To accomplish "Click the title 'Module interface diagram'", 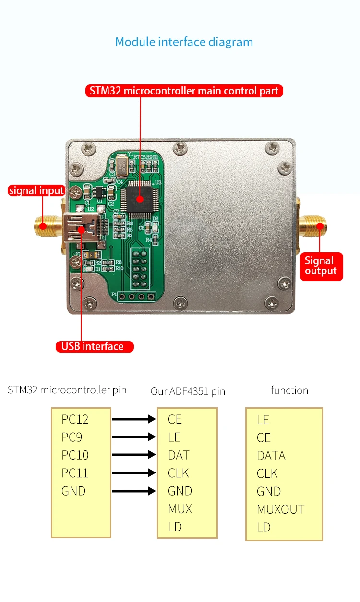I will pyautogui.click(x=184, y=42).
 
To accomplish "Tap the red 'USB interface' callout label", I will pyautogui.click(x=93, y=346).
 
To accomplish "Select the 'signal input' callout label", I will pyautogui.click(x=36, y=190).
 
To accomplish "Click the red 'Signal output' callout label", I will pyautogui.click(x=321, y=266).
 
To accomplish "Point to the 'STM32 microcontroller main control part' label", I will pyautogui.click(x=184, y=91).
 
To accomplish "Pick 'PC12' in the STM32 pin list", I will pyautogui.click(x=75, y=419).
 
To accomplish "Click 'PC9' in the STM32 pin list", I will pyautogui.click(x=72, y=437).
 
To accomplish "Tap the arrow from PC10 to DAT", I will pyautogui.click(x=134, y=455).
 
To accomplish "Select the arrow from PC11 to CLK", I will pyautogui.click(x=134, y=473).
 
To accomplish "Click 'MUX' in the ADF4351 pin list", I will pyautogui.click(x=180, y=509).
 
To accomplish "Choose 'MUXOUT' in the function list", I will pyautogui.click(x=281, y=509).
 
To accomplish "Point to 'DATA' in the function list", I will pyautogui.click(x=271, y=456).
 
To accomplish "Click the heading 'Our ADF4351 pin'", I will pyautogui.click(x=188, y=391).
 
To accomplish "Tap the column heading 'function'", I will pyautogui.click(x=289, y=390).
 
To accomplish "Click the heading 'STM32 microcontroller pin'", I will pyautogui.click(x=67, y=390).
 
